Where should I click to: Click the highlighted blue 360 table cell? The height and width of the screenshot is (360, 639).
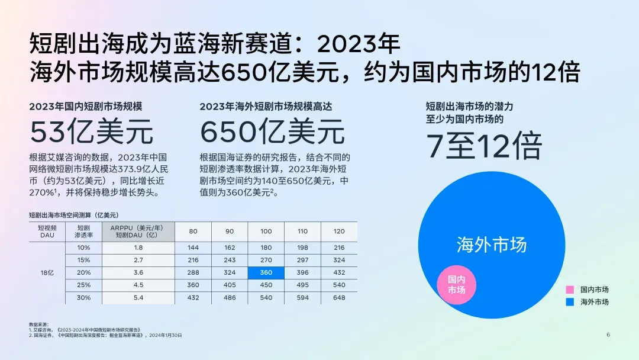click(266, 273)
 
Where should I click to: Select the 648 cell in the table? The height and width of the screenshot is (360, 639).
click(339, 298)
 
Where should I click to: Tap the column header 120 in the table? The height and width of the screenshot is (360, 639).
click(339, 231)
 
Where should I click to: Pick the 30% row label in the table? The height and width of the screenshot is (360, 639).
click(83, 298)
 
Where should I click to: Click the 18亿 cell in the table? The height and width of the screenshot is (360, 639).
click(47, 273)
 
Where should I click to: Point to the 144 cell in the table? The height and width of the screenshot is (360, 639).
click(193, 247)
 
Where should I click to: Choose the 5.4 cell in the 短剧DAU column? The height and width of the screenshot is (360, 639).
click(138, 298)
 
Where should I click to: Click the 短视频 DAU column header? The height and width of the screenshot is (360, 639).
click(47, 231)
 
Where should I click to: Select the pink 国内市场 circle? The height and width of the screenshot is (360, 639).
click(456, 285)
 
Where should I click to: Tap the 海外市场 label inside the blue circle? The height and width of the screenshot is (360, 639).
click(492, 245)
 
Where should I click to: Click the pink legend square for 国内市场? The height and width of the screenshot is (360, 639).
click(570, 290)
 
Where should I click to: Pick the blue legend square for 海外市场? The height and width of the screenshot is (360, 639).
click(570, 302)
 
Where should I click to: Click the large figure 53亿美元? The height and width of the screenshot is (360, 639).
click(91, 131)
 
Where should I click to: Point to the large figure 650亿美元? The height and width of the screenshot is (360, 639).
click(272, 131)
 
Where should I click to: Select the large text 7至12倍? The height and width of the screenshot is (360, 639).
click(484, 146)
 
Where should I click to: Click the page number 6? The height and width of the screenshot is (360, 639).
click(608, 335)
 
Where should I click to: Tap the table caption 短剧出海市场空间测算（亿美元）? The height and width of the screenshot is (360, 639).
click(74, 215)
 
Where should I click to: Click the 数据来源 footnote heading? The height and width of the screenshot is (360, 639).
click(38, 324)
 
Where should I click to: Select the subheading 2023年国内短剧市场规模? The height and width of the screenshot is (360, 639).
click(86, 107)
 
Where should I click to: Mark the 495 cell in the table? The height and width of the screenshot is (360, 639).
click(302, 285)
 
